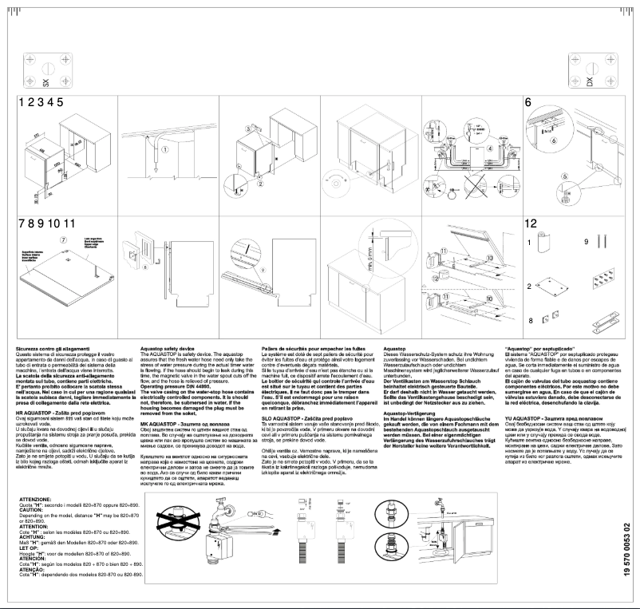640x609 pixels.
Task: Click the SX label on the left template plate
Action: coord(45,81)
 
